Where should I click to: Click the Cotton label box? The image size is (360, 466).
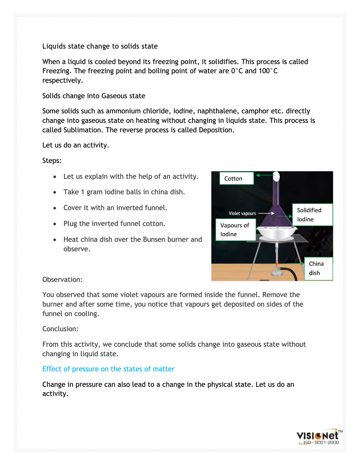[236, 178]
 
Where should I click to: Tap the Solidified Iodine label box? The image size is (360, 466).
[312, 215]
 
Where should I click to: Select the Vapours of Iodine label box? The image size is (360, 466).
[235, 229]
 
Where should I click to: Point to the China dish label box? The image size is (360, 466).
[318, 268]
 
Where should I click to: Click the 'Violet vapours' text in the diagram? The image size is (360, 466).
[242, 213]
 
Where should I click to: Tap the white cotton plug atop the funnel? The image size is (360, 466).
[277, 176]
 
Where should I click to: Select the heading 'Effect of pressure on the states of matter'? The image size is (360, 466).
[108, 369]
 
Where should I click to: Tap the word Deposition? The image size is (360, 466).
[216, 130]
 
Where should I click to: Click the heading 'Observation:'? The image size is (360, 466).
[62, 279]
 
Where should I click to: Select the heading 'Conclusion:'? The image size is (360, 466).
[60, 329]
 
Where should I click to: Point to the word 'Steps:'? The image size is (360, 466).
[52, 160]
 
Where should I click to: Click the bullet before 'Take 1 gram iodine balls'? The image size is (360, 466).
[55, 192]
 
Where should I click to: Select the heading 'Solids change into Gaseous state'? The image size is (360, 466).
[94, 96]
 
